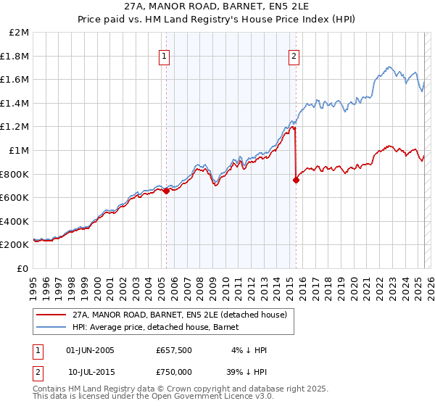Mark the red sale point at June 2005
pos(166,191)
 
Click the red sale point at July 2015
pos(296,181)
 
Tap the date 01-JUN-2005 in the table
pos(90,350)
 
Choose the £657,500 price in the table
pos(175,350)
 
